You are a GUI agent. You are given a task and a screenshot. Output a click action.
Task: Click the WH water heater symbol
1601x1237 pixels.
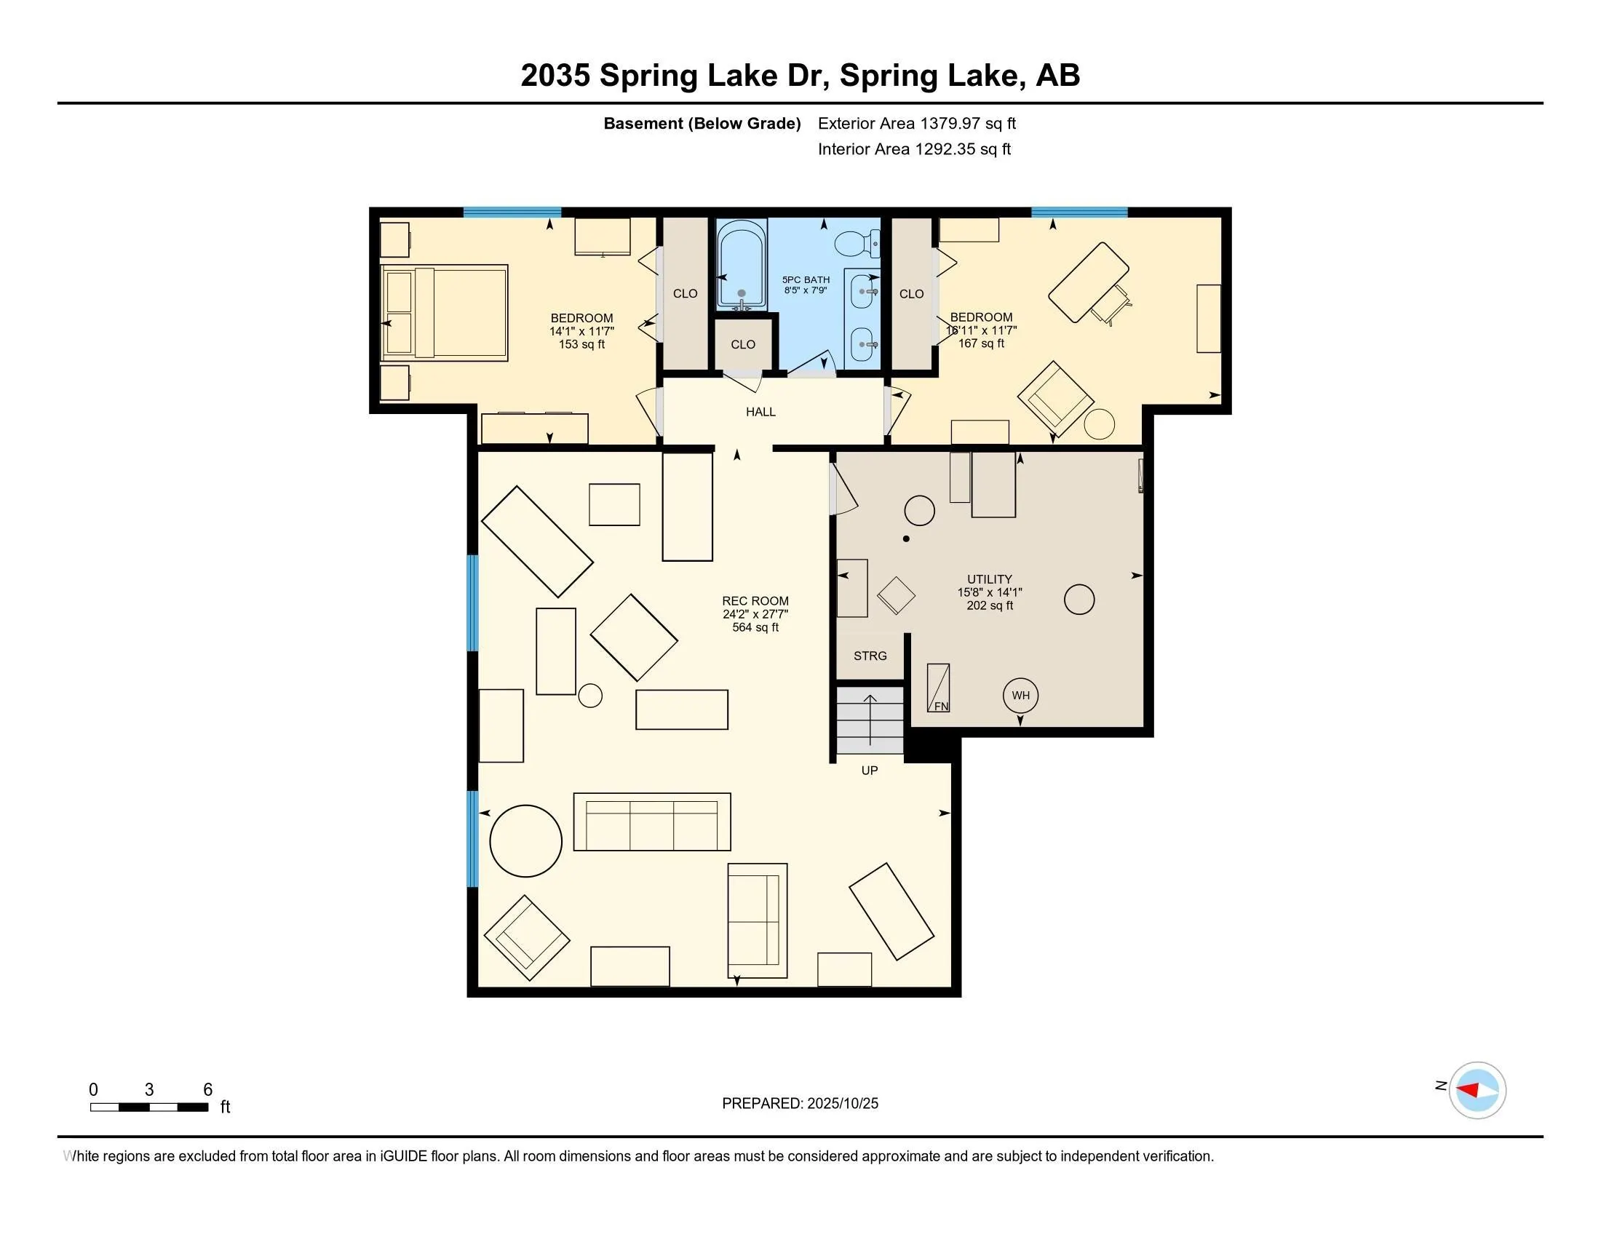(x=1020, y=696)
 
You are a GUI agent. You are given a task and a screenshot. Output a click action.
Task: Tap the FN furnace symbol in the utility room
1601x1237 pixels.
(x=938, y=688)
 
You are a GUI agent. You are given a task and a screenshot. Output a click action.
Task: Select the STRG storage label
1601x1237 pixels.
(x=870, y=656)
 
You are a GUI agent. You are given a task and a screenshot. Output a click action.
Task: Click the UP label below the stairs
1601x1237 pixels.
(x=870, y=770)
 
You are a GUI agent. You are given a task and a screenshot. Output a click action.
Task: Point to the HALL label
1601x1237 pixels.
(x=760, y=412)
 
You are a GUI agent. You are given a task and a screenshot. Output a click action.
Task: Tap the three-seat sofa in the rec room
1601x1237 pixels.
(x=652, y=822)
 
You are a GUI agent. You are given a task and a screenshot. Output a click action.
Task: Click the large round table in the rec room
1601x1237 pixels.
(x=525, y=840)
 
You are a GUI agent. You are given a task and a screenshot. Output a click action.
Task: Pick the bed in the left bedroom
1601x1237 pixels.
(x=445, y=313)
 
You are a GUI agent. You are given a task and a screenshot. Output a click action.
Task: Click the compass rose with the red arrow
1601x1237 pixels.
(x=1477, y=1090)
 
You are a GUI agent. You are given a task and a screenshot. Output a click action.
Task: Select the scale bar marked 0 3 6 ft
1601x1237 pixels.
(x=148, y=1107)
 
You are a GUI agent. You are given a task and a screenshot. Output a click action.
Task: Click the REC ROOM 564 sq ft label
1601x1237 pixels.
(x=755, y=614)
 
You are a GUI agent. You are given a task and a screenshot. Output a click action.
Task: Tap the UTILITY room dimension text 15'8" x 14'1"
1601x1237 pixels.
(x=989, y=592)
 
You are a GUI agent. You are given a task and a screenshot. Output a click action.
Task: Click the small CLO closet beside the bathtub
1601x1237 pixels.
(x=742, y=344)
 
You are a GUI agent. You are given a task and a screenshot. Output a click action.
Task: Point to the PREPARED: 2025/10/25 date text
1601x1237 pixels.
(x=800, y=1103)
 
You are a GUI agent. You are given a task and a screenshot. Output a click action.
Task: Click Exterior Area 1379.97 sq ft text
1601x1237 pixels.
(x=916, y=123)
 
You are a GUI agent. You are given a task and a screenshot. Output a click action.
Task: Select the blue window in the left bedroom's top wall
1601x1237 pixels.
(x=512, y=212)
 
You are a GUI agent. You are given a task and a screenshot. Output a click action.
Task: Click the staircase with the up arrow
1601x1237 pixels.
(x=870, y=720)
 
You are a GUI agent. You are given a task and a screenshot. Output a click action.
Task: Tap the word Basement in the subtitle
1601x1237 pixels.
(x=643, y=123)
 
